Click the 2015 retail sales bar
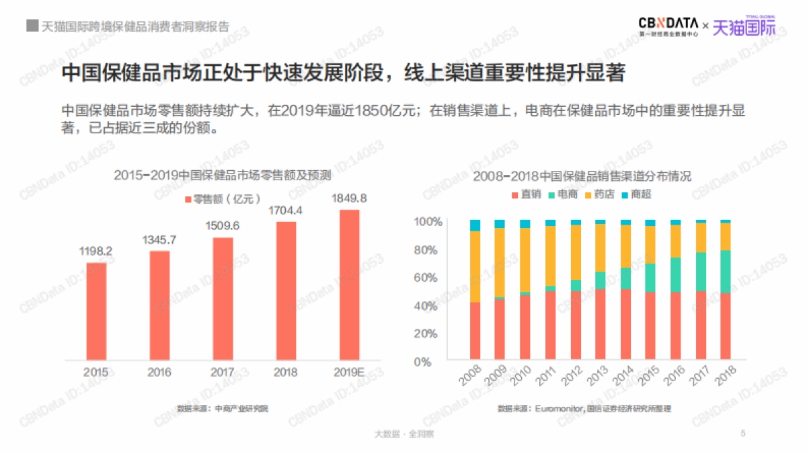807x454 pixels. pos(96,311)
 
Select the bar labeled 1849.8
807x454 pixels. pos(349,285)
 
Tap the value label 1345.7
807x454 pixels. pos(159,239)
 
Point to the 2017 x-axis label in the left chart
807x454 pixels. pos(223,372)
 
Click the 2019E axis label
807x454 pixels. pos(349,372)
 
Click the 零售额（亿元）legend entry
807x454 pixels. pos(222,198)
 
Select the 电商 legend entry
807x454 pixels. pos(563,194)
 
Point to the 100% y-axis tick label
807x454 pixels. pos(426,222)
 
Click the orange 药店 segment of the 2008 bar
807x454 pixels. pos(475,266)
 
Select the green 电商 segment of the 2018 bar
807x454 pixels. pos(725,272)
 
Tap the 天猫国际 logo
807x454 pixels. pos(744,27)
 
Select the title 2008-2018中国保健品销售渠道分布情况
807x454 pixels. pos(582,177)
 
